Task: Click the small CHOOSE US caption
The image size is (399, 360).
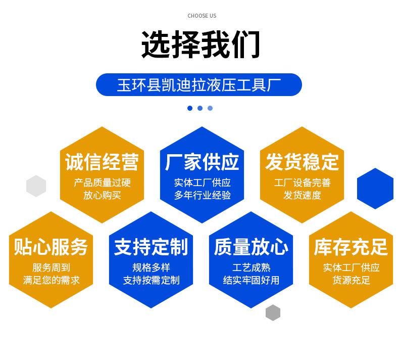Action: click(x=202, y=16)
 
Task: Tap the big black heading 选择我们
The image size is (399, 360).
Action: click(x=201, y=44)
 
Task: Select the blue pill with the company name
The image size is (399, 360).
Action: click(x=199, y=85)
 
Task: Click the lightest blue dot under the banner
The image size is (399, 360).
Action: click(x=210, y=108)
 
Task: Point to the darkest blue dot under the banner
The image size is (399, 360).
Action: click(x=190, y=108)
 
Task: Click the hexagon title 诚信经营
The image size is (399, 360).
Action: click(x=102, y=162)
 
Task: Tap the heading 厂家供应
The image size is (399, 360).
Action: click(x=202, y=162)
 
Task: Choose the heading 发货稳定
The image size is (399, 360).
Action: click(x=302, y=162)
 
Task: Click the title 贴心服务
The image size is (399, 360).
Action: click(x=51, y=247)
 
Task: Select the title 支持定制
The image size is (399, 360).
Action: click(x=151, y=247)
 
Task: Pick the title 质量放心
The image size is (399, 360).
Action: click(x=251, y=247)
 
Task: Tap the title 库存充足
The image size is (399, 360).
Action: click(x=351, y=247)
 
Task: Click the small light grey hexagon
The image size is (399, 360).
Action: click(x=36, y=186)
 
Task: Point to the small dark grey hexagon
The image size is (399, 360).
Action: click(x=273, y=312)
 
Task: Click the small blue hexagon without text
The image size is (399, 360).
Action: click(x=375, y=189)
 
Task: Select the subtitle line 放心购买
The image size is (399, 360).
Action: click(x=102, y=195)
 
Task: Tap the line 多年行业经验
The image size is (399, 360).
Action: click(x=203, y=195)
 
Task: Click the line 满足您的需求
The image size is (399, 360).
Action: click(x=51, y=280)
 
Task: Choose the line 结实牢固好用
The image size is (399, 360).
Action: click(x=251, y=280)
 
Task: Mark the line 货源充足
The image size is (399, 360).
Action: click(x=351, y=280)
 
